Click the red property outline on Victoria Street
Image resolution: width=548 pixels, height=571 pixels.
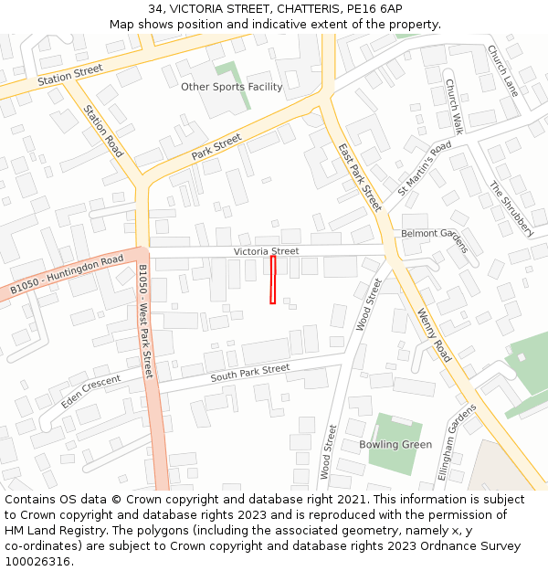click(272, 280)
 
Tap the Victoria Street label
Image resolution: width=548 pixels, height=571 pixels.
click(266, 251)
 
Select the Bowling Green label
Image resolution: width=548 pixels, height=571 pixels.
click(395, 445)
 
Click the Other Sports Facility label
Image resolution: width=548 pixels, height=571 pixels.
click(231, 87)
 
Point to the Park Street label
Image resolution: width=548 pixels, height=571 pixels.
click(216, 147)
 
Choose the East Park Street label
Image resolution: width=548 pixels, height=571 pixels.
click(360, 177)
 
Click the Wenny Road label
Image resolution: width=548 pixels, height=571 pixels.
click(434, 335)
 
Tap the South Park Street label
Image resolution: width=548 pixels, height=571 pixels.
click(249, 373)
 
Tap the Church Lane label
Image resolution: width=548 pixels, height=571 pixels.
click(502, 71)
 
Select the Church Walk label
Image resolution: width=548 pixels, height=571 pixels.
click(454, 106)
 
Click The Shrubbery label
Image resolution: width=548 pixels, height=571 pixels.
click(510, 208)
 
